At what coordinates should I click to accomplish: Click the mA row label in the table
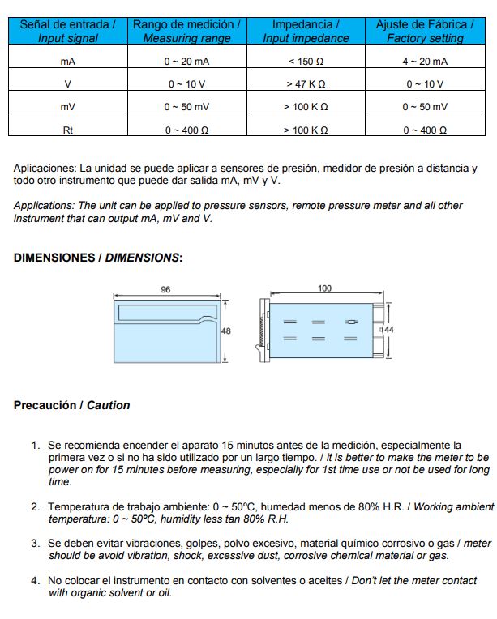[67, 62]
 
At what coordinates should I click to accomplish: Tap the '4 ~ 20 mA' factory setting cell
[424, 62]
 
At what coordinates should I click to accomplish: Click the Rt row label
[67, 130]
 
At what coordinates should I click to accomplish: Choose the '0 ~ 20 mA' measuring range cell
[186, 62]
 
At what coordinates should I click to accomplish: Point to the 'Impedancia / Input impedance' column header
[306, 32]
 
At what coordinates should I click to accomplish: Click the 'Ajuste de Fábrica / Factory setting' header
[425, 32]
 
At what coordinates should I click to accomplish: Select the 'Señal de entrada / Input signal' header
[67, 32]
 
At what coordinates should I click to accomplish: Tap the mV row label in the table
[67, 107]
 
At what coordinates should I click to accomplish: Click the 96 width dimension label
[165, 289]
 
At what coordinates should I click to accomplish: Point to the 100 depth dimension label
[324, 288]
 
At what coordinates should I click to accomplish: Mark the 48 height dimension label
[226, 331]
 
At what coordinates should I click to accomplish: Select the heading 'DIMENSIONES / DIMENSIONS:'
[97, 258]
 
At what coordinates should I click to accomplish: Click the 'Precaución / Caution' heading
[71, 405]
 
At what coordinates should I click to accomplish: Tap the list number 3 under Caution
[36, 543]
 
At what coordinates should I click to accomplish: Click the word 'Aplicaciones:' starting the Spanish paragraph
[45, 169]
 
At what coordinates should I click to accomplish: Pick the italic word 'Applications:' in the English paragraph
[44, 206]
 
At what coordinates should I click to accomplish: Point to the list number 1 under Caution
[36, 446]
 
